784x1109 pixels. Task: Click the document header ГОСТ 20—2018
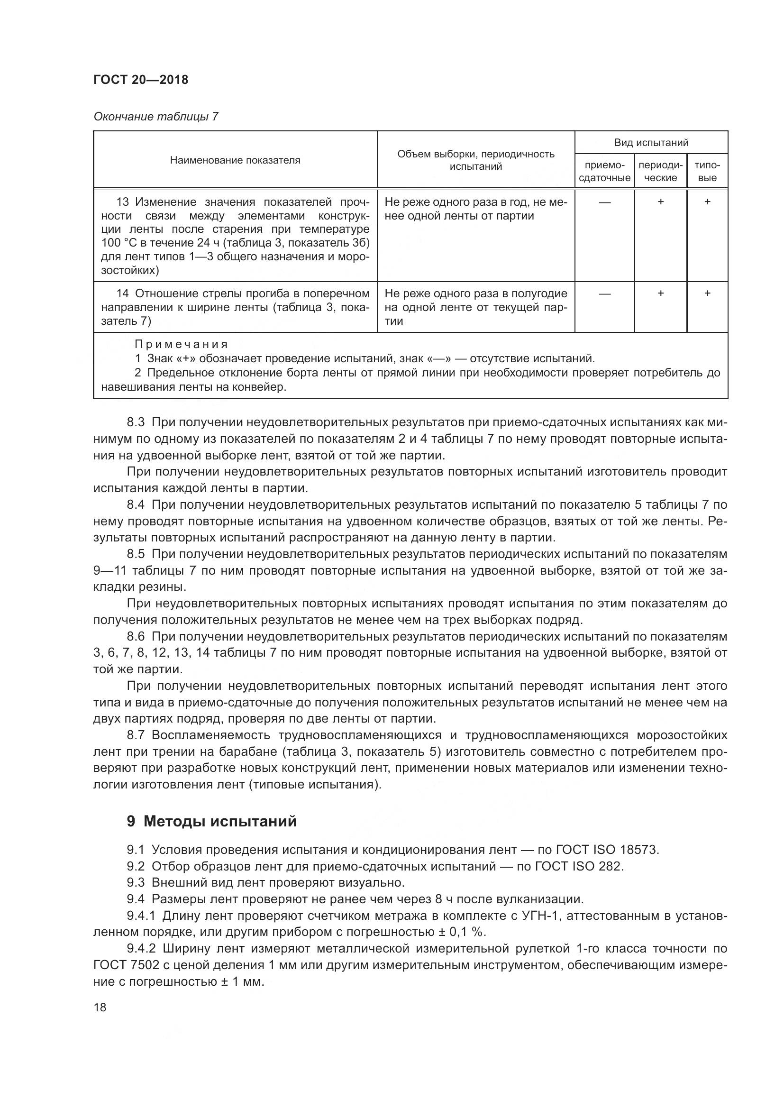pyautogui.click(x=140, y=80)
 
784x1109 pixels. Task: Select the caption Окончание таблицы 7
pyautogui.click(x=156, y=117)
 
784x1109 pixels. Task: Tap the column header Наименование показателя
pyautogui.click(x=235, y=160)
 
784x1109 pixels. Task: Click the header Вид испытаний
pyautogui.click(x=651, y=143)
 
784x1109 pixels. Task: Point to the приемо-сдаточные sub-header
pyautogui.click(x=604, y=172)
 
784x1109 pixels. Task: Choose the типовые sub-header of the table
pyautogui.click(x=707, y=172)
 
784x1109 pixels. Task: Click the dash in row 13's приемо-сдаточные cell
pyautogui.click(x=604, y=202)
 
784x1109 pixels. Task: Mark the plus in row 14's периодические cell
pyautogui.click(x=660, y=293)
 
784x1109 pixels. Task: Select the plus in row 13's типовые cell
pyautogui.click(x=707, y=202)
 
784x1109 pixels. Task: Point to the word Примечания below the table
pyautogui.click(x=181, y=344)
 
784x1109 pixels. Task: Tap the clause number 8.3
pyautogui.click(x=136, y=422)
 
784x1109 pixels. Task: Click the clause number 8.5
pyautogui.click(x=136, y=554)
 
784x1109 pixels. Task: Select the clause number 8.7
pyautogui.click(x=136, y=735)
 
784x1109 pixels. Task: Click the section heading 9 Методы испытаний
pyautogui.click(x=211, y=821)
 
